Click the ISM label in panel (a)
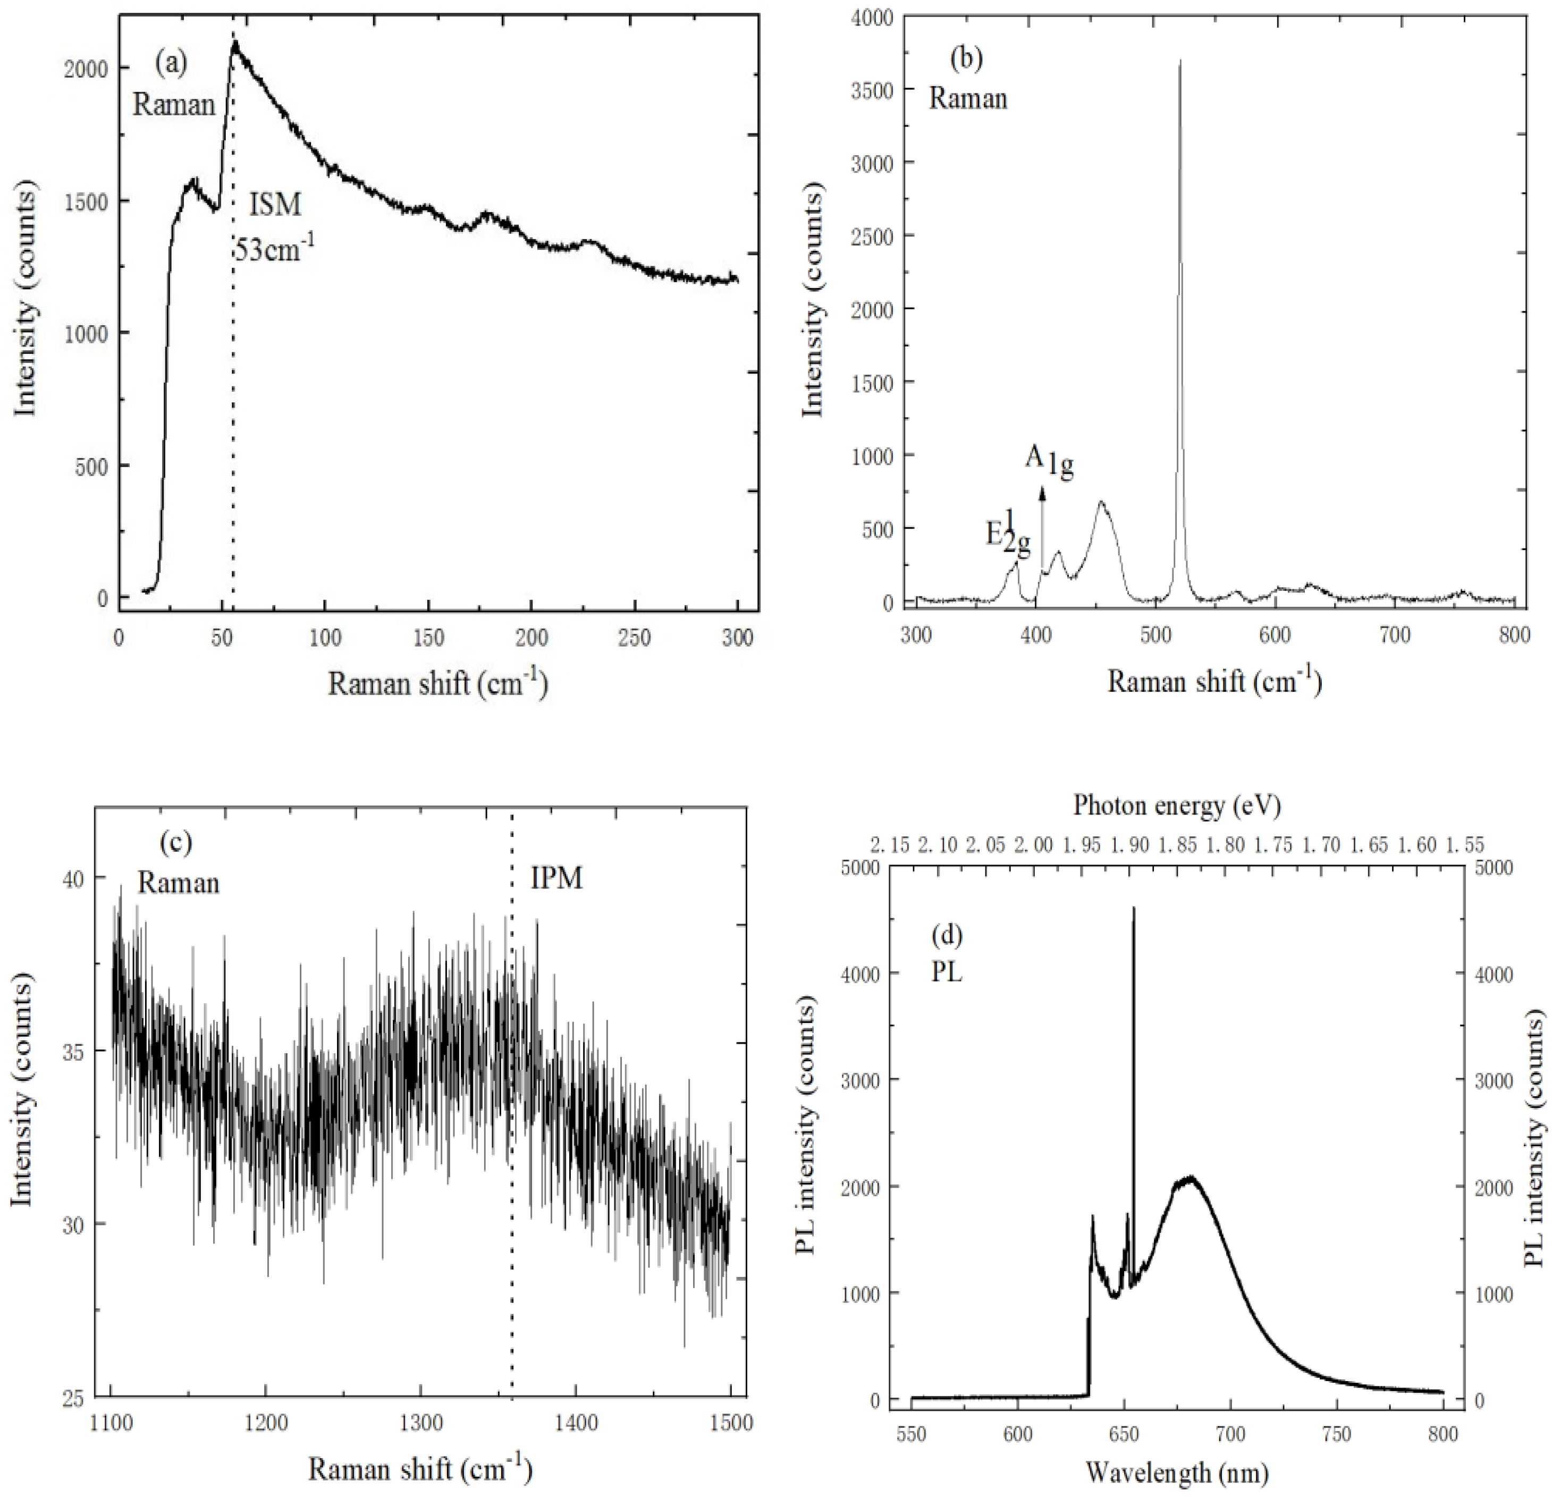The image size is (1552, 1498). (275, 205)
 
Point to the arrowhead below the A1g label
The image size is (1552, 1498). (1042, 493)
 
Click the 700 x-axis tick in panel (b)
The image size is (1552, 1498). (1395, 636)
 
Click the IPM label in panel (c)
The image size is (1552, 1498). (556, 878)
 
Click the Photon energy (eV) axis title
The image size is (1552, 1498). (1177, 806)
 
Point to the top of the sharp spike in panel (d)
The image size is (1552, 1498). (1134, 909)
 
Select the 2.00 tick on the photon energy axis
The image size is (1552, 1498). (1033, 845)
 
